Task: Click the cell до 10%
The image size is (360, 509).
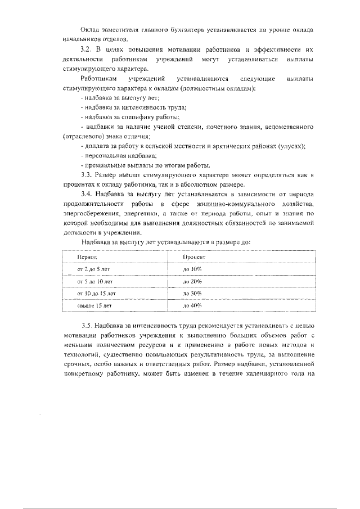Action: point(192,269)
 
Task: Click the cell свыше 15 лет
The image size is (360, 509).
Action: point(94,305)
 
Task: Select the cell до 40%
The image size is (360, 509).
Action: point(192,305)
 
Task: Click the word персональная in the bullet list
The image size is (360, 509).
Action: point(107,155)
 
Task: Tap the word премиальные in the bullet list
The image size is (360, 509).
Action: point(106,165)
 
